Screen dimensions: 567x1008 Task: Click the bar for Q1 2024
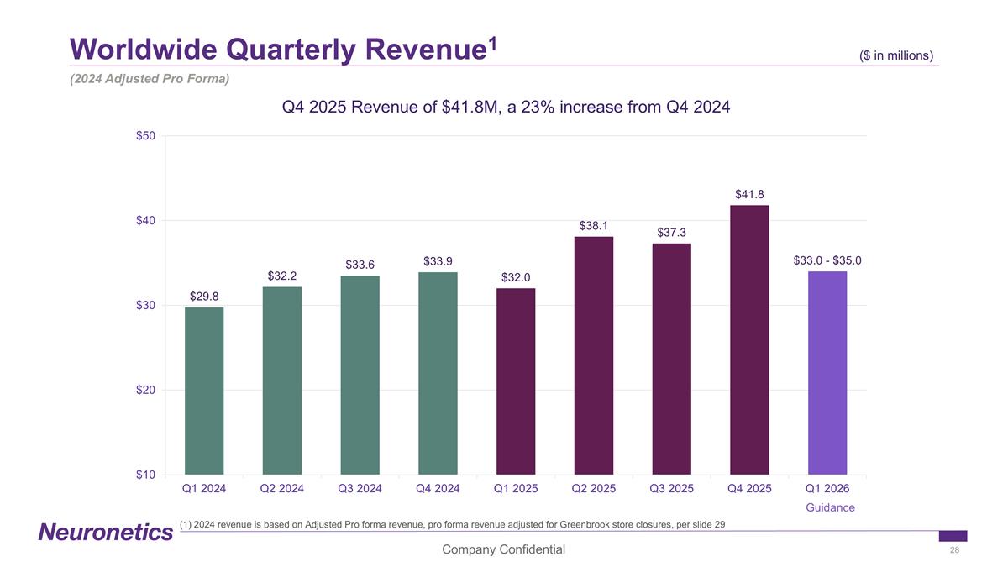point(204,391)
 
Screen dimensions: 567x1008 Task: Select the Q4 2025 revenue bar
point(749,339)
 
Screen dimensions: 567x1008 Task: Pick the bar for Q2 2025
point(593,355)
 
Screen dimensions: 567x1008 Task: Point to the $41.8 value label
point(749,195)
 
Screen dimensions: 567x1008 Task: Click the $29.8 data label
point(204,297)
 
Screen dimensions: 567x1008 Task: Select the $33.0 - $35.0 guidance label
point(827,261)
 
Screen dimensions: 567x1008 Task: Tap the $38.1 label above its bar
point(593,226)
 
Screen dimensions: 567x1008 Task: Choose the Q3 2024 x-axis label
point(360,488)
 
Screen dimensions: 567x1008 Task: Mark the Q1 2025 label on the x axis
point(516,488)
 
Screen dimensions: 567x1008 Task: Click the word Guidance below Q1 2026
point(830,507)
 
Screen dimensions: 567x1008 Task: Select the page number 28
point(954,550)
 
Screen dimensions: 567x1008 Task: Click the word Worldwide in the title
point(133,50)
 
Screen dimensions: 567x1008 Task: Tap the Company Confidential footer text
point(504,549)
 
